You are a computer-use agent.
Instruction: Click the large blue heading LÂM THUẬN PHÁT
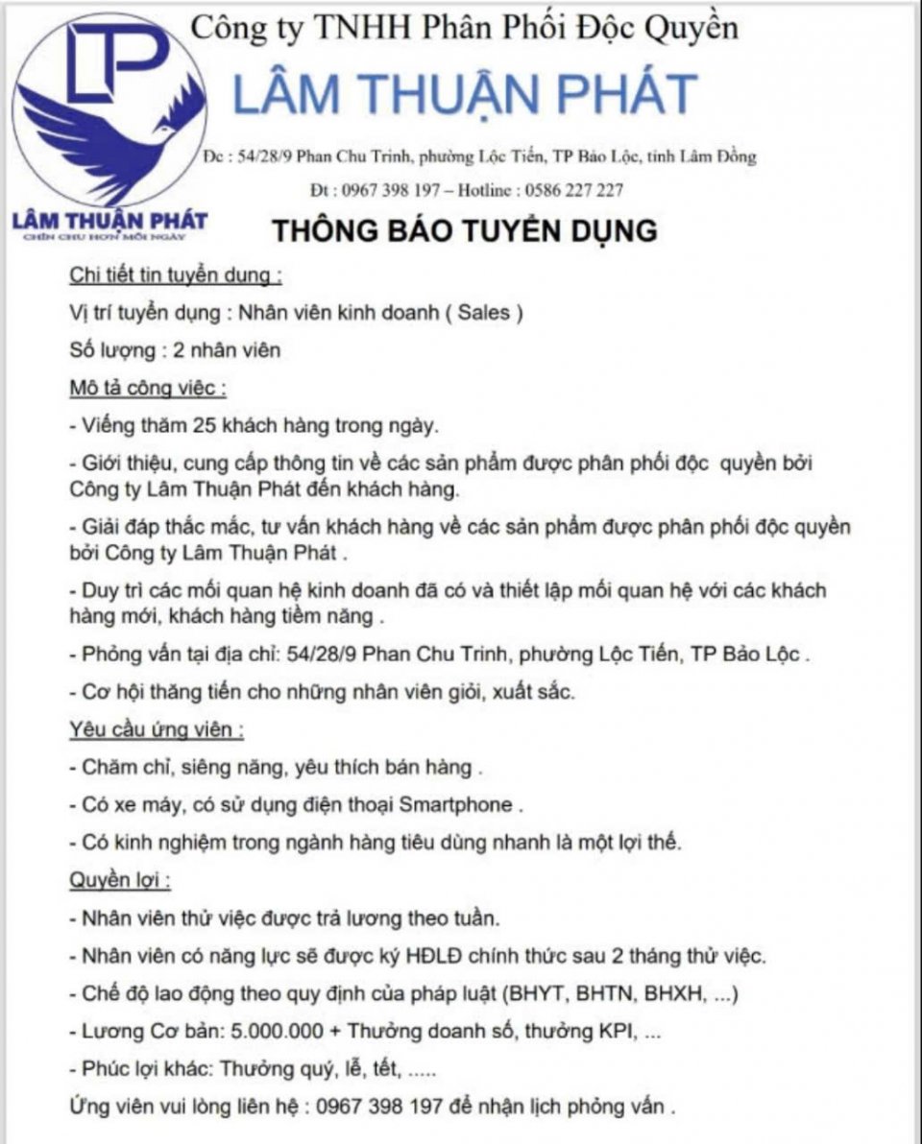[x=465, y=94]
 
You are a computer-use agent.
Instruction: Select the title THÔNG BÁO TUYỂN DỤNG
[x=464, y=231]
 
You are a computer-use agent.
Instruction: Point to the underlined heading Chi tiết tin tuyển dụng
[x=175, y=276]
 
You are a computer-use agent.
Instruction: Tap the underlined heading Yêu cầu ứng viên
[x=156, y=729]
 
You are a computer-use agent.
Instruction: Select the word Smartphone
[x=456, y=804]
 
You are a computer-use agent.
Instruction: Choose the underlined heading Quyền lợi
[x=120, y=879]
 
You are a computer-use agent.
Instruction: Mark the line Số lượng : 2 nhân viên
[x=175, y=350]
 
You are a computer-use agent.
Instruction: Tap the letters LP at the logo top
[x=115, y=60]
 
